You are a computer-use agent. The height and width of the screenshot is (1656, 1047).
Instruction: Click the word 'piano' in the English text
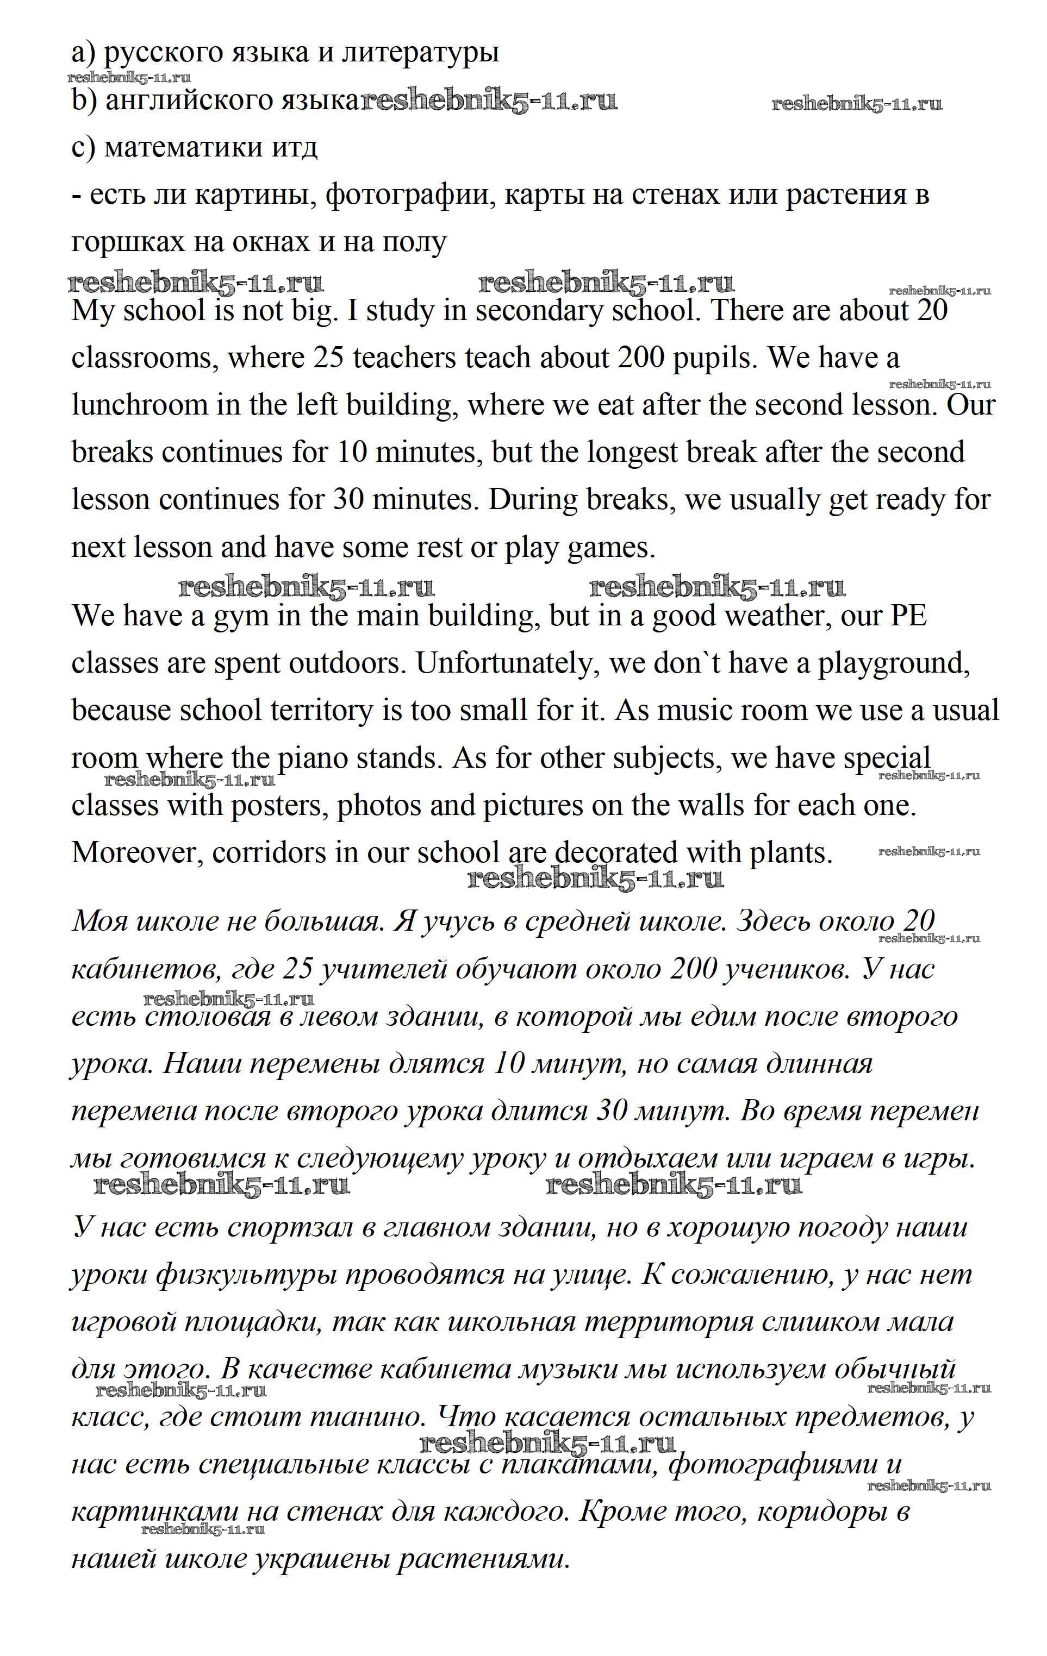[314, 758]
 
